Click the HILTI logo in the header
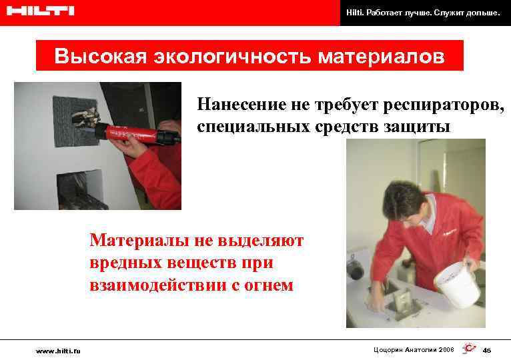coord(39,11)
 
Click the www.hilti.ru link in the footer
coord(58,350)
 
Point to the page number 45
coord(486,351)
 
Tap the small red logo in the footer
coord(469,349)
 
